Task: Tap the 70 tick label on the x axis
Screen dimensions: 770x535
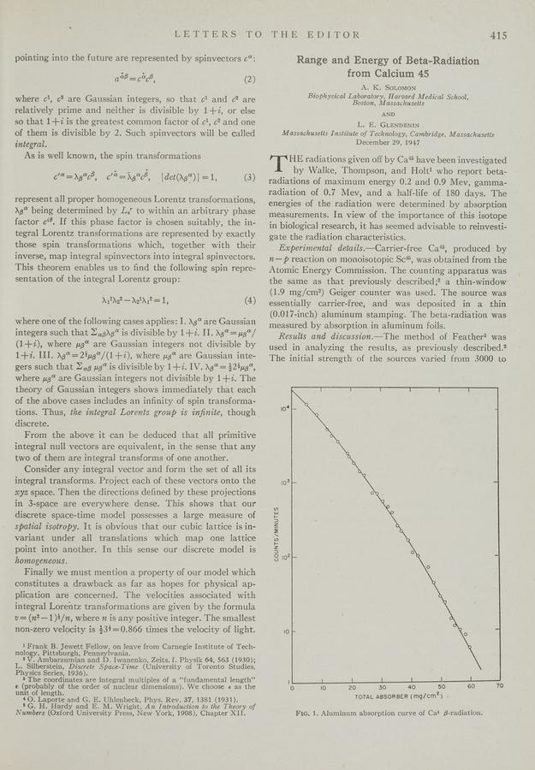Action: coord(500,687)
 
